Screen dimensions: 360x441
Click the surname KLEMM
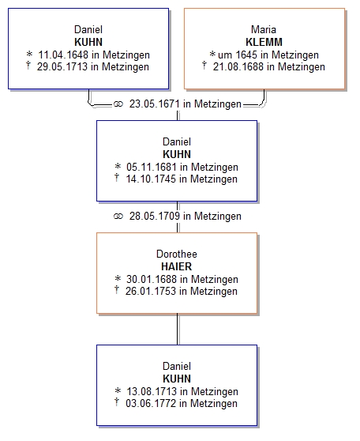(264, 42)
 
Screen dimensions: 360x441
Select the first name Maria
(264, 29)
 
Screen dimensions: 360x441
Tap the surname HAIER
(177, 266)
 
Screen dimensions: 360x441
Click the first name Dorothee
(177, 254)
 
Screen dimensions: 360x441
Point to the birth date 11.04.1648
(63, 55)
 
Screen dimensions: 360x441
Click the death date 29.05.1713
(62, 67)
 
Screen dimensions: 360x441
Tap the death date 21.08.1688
(238, 67)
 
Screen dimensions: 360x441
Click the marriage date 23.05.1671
(155, 104)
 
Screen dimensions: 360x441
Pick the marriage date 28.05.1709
(155, 216)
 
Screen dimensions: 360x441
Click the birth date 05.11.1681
(152, 167)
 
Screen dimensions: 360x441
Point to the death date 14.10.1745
(151, 179)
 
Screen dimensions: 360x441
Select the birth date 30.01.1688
(152, 279)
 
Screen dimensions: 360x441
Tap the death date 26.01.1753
(151, 291)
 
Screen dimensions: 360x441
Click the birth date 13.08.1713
(152, 391)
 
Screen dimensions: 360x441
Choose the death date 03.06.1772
(151, 403)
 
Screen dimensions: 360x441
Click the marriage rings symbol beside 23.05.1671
(118, 104)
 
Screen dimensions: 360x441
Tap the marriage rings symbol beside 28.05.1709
(118, 217)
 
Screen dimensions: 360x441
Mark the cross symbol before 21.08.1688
(204, 66)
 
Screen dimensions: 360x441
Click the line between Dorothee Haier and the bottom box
(178, 329)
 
